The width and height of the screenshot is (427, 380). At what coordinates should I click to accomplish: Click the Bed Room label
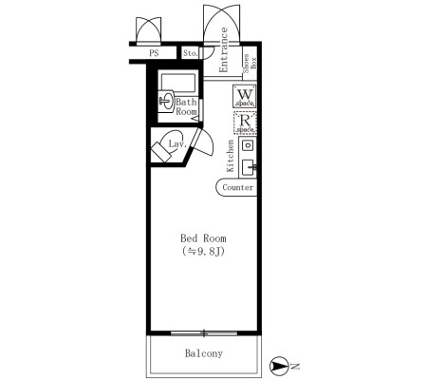[x=203, y=238]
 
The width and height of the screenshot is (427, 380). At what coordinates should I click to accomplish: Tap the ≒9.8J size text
[x=203, y=252]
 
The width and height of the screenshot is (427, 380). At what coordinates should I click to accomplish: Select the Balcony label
[x=204, y=353]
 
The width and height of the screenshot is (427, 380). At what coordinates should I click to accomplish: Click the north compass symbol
[x=279, y=366]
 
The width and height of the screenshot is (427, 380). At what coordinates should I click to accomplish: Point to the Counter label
[x=238, y=187]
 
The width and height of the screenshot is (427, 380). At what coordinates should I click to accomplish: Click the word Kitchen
[x=231, y=156]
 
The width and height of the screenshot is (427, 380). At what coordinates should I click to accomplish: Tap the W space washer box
[x=245, y=96]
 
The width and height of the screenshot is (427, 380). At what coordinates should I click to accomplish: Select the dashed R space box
[x=245, y=123]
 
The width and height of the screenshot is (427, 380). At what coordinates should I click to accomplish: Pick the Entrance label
[x=224, y=49]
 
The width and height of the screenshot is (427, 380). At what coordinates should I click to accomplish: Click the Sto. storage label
[x=191, y=53]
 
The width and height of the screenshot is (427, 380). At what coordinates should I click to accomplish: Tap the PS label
[x=154, y=53]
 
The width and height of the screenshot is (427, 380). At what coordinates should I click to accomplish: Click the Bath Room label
[x=186, y=106]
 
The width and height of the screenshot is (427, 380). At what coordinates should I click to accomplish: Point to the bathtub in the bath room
[x=178, y=82]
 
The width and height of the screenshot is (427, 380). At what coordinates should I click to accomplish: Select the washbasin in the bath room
[x=166, y=101]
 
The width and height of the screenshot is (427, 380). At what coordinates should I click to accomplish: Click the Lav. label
[x=177, y=144]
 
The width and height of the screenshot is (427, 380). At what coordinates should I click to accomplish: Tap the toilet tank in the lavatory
[x=160, y=152]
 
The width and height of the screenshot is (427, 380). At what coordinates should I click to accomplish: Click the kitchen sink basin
[x=249, y=168]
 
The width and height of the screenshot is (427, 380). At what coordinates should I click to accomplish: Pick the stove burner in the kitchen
[x=248, y=145]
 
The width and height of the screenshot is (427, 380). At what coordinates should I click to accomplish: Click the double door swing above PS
[x=148, y=30]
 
